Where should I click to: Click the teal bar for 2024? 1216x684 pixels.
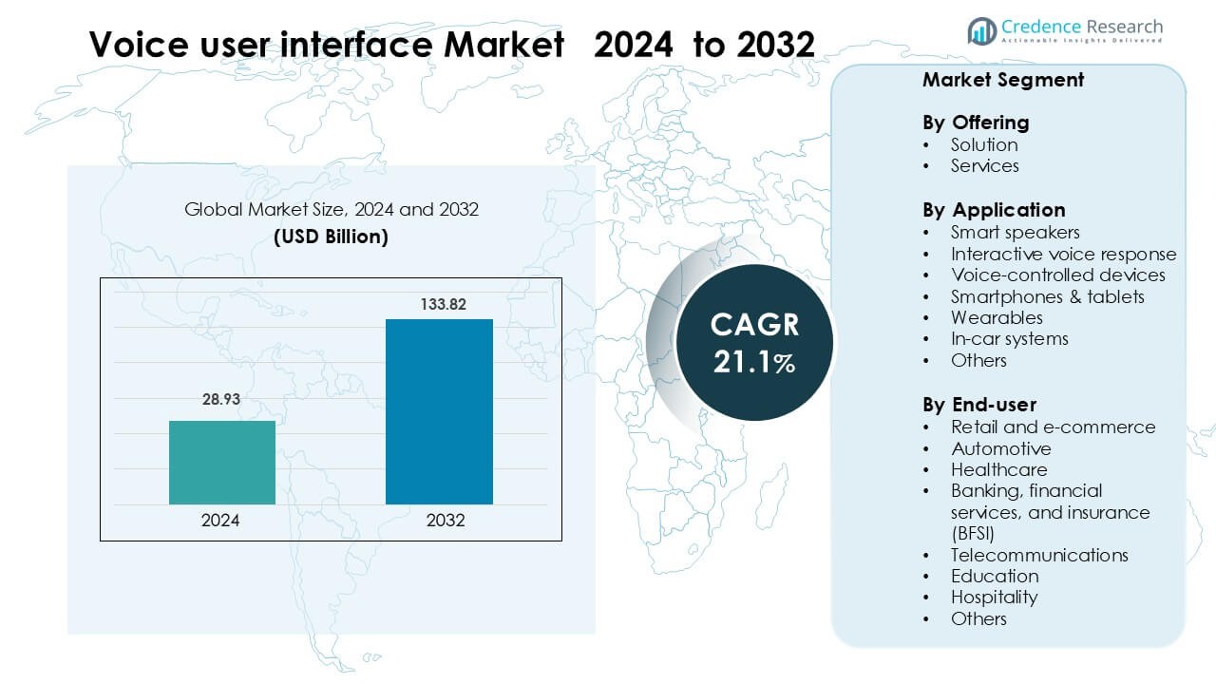[222, 463]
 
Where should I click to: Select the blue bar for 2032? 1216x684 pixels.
[439, 411]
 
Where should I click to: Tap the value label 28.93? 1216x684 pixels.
[221, 400]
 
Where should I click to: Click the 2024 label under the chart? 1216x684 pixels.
[220, 521]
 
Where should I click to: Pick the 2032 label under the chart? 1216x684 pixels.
[446, 521]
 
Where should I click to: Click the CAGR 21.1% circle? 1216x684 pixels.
[754, 342]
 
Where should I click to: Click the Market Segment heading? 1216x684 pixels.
[1002, 80]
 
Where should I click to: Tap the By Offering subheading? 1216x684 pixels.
[975, 123]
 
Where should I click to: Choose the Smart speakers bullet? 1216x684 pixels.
[1015, 232]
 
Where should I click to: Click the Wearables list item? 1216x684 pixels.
[997, 317]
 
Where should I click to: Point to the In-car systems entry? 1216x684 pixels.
[1009, 338]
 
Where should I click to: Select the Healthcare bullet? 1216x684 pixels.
[998, 469]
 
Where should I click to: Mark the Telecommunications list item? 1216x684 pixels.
[1039, 555]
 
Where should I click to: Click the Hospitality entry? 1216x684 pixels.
[994, 597]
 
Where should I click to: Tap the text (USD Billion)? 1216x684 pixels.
[331, 237]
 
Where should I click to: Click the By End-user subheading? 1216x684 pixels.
[979, 405]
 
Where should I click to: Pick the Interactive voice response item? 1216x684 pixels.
[1063, 254]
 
